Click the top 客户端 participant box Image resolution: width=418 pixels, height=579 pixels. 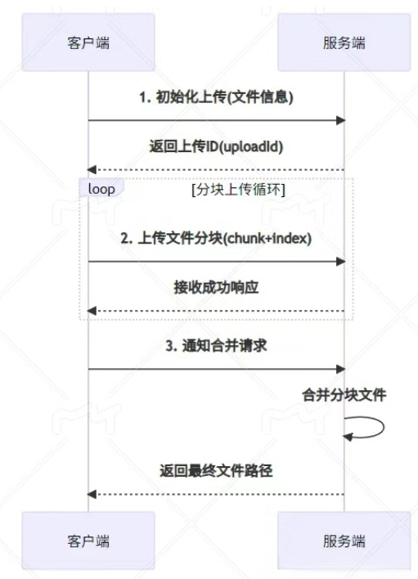pos(88,43)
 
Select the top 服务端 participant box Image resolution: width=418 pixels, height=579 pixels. pos(344,43)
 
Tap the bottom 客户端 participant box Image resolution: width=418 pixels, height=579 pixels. pos(88,541)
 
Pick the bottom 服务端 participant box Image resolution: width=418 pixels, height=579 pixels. pos(344,541)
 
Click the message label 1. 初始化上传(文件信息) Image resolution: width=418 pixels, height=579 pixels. pos(216,97)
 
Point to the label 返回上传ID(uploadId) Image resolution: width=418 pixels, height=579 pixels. pos(216,146)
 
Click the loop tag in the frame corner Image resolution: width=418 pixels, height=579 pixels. pos(101,189)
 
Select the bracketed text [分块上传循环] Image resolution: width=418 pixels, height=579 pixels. pos(239,190)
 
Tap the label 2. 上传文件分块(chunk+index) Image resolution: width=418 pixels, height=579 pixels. pos(216,238)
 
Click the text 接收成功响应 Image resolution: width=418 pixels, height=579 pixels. pos(216,287)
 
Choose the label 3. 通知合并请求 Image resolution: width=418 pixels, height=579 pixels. pos(216,346)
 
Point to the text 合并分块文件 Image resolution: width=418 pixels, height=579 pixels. pos(344,395)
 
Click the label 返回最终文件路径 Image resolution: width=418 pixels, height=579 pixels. pos(216,471)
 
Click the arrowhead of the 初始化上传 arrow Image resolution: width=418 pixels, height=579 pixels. pos(340,120)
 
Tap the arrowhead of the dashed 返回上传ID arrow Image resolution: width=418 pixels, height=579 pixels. pos(92,170)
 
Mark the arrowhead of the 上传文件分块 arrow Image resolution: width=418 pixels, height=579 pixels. pos(340,262)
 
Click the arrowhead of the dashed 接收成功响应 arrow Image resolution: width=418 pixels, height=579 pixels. pos(92,311)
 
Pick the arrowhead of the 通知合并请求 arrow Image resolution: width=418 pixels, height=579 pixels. pos(340,369)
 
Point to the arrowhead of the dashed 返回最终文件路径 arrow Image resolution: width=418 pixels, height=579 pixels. pos(92,494)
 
